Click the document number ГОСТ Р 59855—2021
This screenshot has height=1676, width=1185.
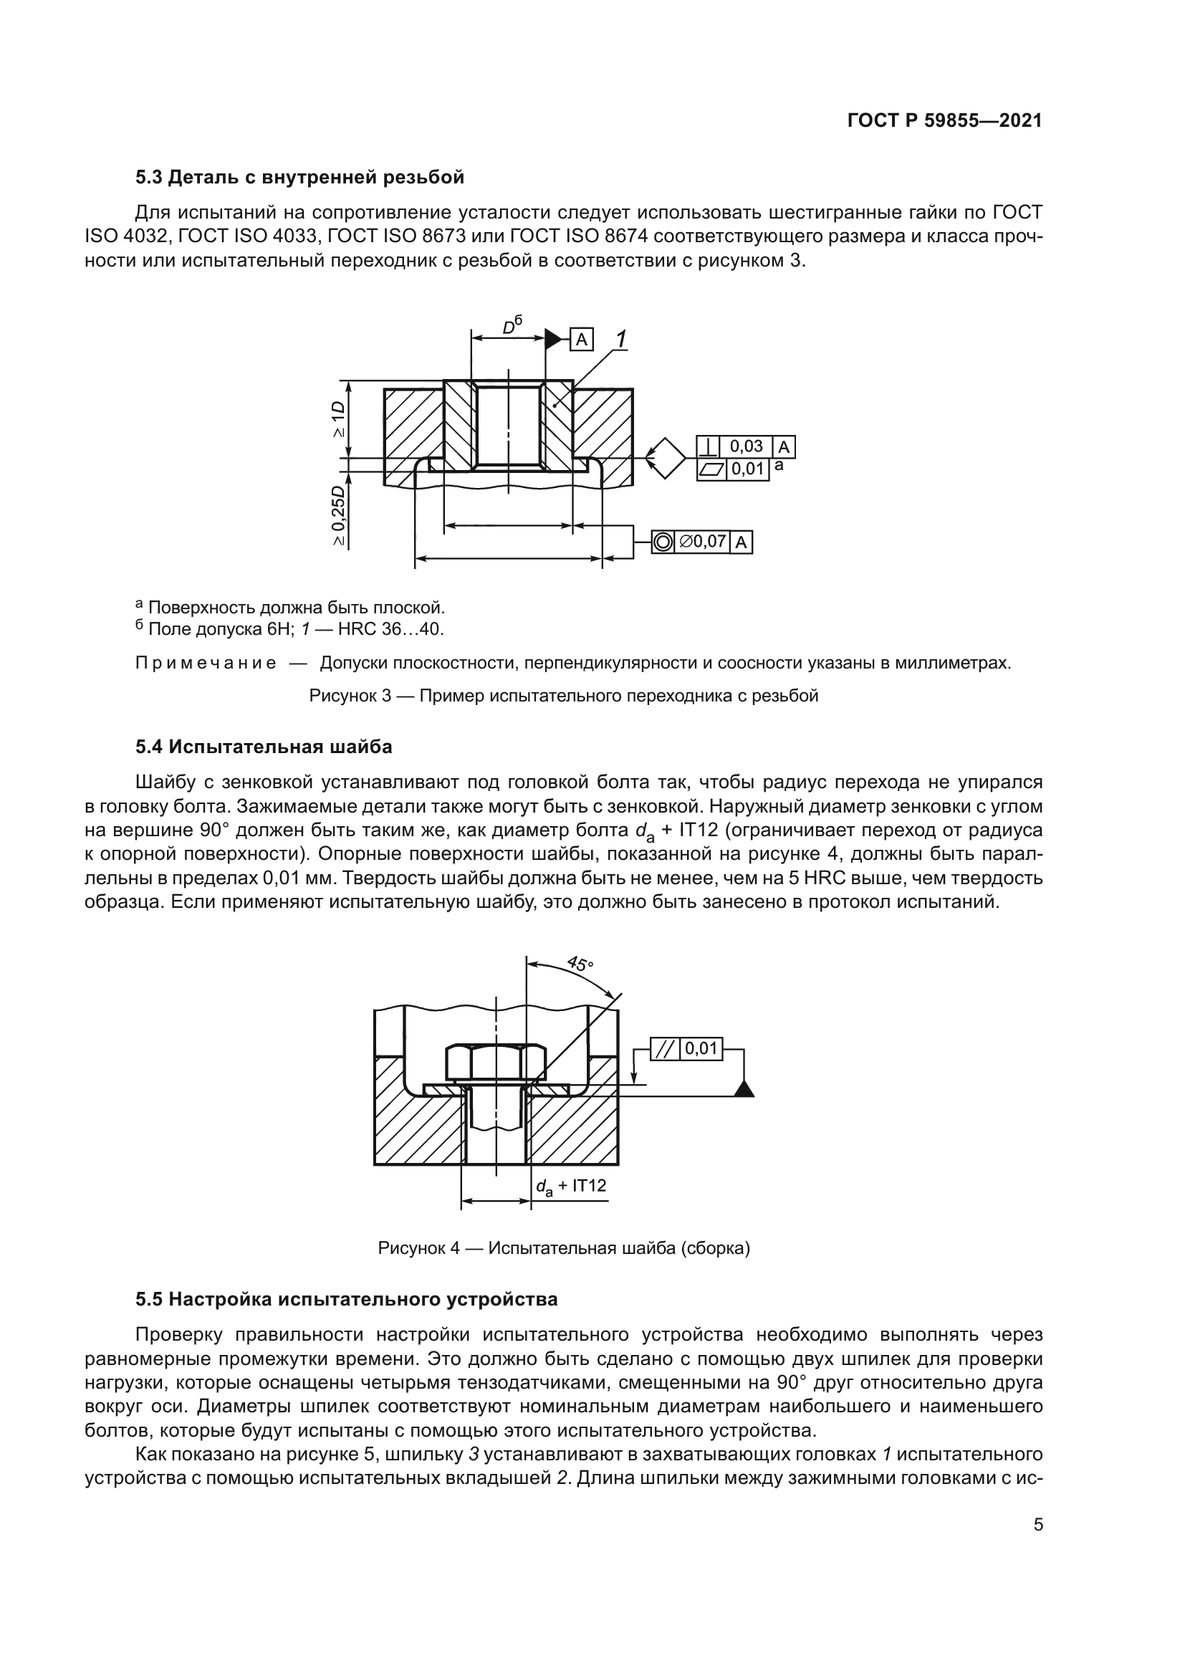(944, 121)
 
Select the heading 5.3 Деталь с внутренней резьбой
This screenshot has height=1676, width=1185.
(299, 178)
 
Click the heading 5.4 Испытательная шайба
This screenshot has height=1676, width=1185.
(264, 747)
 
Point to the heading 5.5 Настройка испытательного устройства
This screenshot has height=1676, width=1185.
(347, 1298)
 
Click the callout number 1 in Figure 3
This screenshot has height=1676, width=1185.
(621, 339)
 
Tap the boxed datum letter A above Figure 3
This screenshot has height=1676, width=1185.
(582, 340)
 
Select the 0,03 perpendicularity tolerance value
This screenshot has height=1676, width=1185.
(746, 446)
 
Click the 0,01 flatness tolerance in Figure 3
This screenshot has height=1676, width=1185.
(747, 469)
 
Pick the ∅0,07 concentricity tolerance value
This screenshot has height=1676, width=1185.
(702, 542)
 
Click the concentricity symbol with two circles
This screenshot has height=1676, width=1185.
(663, 542)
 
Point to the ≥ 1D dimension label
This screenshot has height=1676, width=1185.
(338, 419)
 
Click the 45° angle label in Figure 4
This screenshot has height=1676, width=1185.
(581, 964)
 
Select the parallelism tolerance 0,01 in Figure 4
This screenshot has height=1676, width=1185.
(701, 1049)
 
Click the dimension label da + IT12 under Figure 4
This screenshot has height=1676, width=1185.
(570, 1186)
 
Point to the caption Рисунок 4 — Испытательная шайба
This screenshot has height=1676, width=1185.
(563, 1248)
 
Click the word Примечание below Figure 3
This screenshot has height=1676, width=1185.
(206, 663)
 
